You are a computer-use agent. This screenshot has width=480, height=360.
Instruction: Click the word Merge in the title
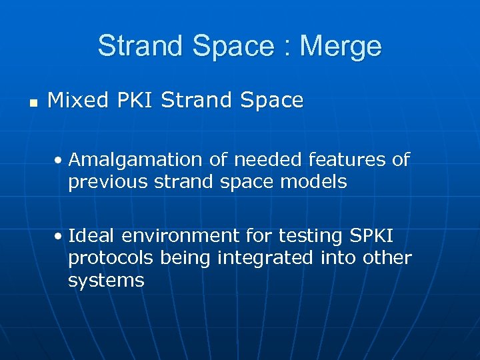point(341,47)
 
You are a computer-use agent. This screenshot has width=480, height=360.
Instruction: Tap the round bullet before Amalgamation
point(59,161)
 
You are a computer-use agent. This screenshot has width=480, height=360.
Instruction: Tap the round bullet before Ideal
point(59,237)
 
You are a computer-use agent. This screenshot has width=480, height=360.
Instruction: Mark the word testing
point(306,236)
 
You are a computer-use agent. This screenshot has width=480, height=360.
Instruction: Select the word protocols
point(107,258)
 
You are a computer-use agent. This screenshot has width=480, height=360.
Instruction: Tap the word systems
point(105,280)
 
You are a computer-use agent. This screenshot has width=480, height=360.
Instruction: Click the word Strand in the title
point(137,47)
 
